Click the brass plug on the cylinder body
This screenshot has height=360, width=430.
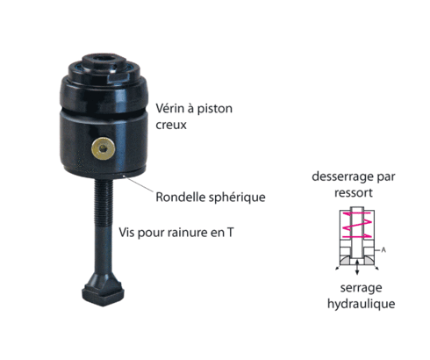point(103,148)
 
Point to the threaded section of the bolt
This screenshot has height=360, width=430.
point(104,202)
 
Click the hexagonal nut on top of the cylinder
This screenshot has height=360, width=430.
point(104,64)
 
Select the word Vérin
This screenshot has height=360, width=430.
point(170,108)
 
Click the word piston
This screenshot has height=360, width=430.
point(215,109)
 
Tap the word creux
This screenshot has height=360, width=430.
point(171,126)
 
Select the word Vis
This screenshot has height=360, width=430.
point(126,233)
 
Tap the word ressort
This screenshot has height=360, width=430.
point(354,193)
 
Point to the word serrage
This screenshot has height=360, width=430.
point(361,288)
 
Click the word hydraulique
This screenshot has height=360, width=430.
point(361,304)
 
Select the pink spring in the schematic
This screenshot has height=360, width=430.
point(357,225)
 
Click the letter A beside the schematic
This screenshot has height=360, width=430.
point(383,250)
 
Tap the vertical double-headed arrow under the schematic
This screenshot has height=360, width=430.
point(357,267)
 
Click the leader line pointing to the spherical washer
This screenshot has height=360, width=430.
point(139,184)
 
